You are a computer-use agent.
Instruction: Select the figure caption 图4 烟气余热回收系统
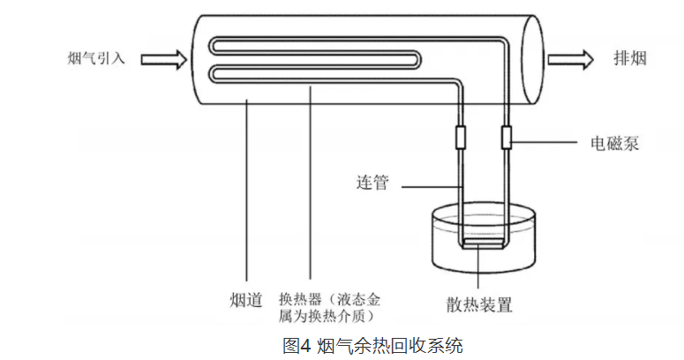click(x=372, y=345)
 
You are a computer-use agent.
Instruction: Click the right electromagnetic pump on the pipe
click(x=507, y=138)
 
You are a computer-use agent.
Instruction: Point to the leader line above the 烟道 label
click(x=244, y=194)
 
